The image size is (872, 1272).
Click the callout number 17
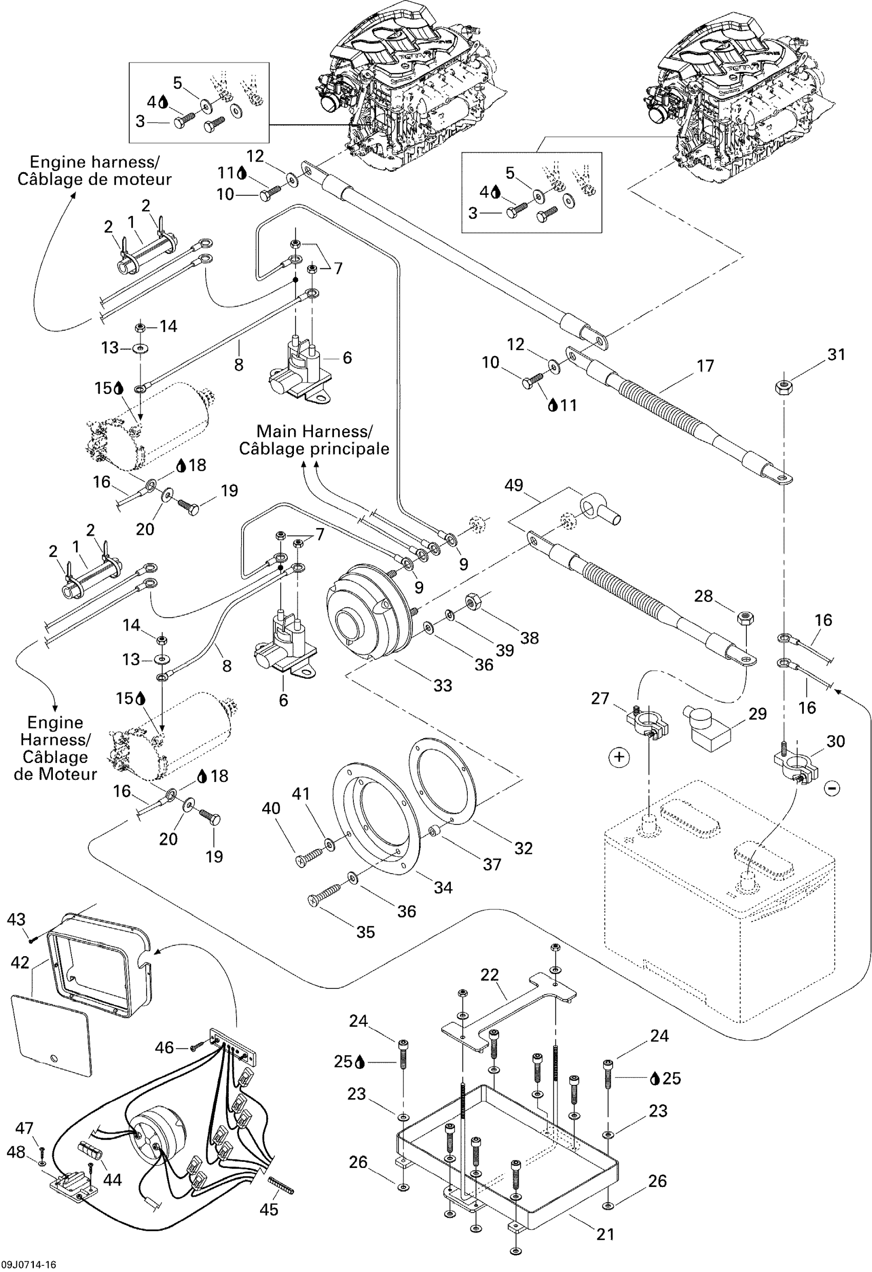[705, 366]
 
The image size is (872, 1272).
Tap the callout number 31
[836, 355]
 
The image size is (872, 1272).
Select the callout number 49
[513, 485]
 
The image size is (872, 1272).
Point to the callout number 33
[443, 685]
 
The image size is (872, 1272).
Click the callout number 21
[605, 1234]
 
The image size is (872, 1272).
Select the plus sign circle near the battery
[619, 757]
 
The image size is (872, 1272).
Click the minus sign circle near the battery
[831, 788]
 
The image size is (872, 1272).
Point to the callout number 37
[491, 864]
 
